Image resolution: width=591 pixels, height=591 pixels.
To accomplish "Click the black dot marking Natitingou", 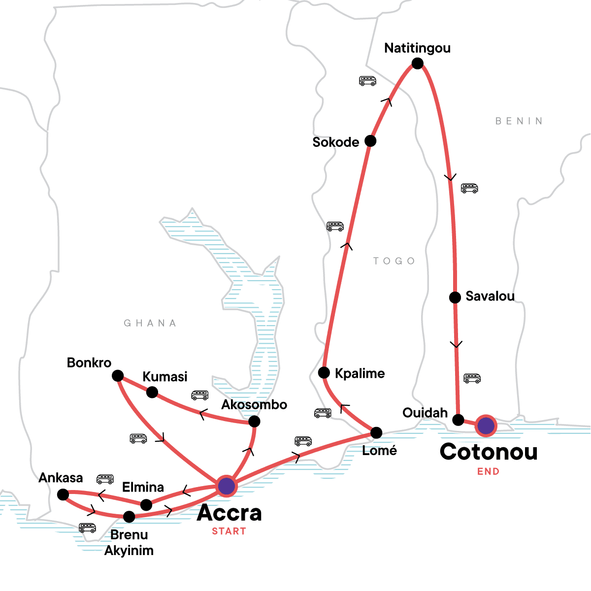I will click(418, 64).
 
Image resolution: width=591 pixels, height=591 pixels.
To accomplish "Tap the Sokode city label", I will click(336, 142).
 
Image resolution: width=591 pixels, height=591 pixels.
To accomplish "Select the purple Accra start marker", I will click(227, 486).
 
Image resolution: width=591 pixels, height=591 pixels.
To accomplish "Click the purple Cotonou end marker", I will click(486, 426).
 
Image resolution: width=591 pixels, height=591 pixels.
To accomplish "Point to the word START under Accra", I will click(229, 531).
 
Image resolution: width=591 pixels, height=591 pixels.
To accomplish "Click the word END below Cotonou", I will click(488, 472).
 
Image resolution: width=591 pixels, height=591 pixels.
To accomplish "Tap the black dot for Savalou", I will click(455, 297).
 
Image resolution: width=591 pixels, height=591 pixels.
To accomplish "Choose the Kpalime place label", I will click(360, 373).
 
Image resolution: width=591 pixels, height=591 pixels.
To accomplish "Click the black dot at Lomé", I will click(376, 433).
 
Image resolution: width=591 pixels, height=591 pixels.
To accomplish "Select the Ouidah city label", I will click(425, 413).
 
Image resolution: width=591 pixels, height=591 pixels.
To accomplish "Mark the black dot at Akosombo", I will click(254, 422).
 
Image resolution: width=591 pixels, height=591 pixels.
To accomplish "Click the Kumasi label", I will click(165, 377).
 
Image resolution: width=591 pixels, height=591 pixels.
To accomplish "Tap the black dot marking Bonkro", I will click(118, 376).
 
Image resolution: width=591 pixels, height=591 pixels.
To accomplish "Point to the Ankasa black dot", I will click(63, 494).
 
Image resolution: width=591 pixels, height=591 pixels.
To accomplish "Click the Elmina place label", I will click(143, 487).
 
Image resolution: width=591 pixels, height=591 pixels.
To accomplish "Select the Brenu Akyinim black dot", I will click(129, 517).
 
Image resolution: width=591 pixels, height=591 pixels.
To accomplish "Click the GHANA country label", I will click(150, 324).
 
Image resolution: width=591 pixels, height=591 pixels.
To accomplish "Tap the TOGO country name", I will click(394, 261).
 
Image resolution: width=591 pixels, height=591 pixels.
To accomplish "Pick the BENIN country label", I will click(519, 121).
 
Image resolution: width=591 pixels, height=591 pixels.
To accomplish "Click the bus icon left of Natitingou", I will click(367, 81).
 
